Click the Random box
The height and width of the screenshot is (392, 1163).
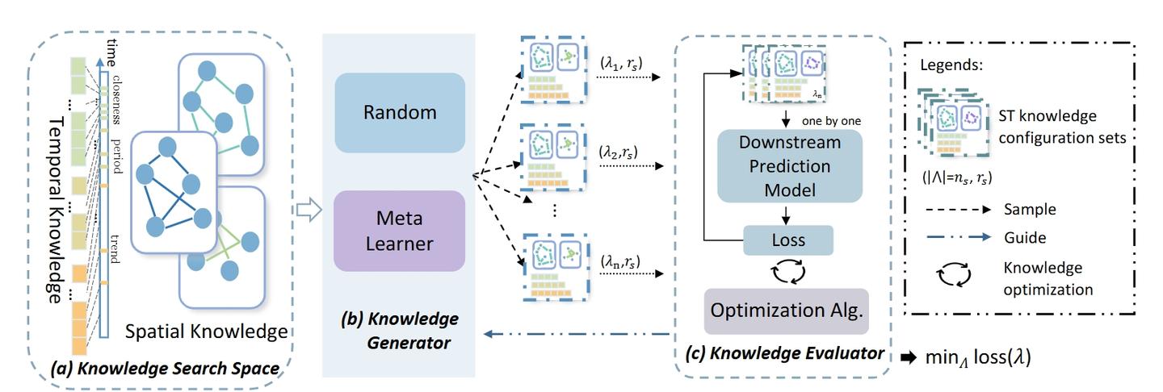[x=400, y=112]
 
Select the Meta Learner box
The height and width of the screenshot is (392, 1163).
[x=400, y=231]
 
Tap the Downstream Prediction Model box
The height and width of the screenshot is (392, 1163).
[x=790, y=167]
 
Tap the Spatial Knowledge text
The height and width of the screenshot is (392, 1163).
[x=206, y=332]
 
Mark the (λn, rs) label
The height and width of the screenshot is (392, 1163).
[x=621, y=261]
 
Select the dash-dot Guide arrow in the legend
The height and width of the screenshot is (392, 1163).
[x=962, y=238]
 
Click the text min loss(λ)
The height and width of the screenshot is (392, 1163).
[x=977, y=357]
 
